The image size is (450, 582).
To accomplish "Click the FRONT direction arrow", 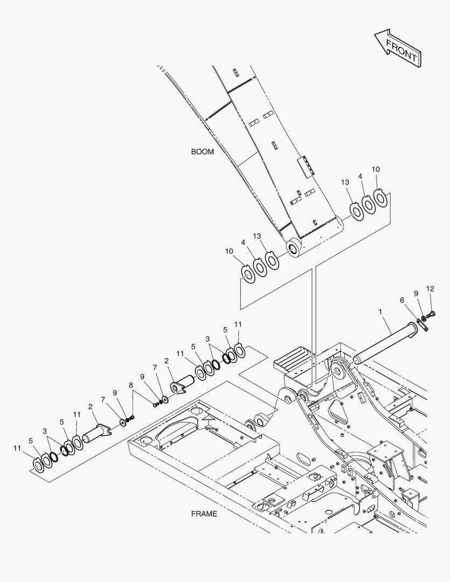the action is (398, 48).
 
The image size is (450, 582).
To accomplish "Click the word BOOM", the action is (202, 152).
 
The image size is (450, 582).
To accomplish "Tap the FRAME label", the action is (204, 514).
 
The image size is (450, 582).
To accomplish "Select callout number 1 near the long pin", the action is (380, 312).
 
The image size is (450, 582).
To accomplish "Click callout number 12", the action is (430, 289).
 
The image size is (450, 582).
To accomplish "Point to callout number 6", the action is (401, 300).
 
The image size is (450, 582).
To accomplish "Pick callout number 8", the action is (131, 385).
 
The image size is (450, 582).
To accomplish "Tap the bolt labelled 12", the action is (431, 315).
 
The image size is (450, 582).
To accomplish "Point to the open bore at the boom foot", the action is (293, 248).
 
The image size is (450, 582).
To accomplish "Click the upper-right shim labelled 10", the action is (380, 198).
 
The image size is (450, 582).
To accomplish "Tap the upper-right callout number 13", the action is (345, 182).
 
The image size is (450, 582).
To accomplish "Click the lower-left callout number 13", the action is (257, 237).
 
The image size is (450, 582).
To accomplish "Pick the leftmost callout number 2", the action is (90, 407).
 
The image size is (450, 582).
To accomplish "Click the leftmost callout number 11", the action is (17, 448).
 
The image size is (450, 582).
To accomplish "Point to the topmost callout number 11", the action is (238, 324).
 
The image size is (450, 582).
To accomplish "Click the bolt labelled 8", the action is (130, 419).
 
